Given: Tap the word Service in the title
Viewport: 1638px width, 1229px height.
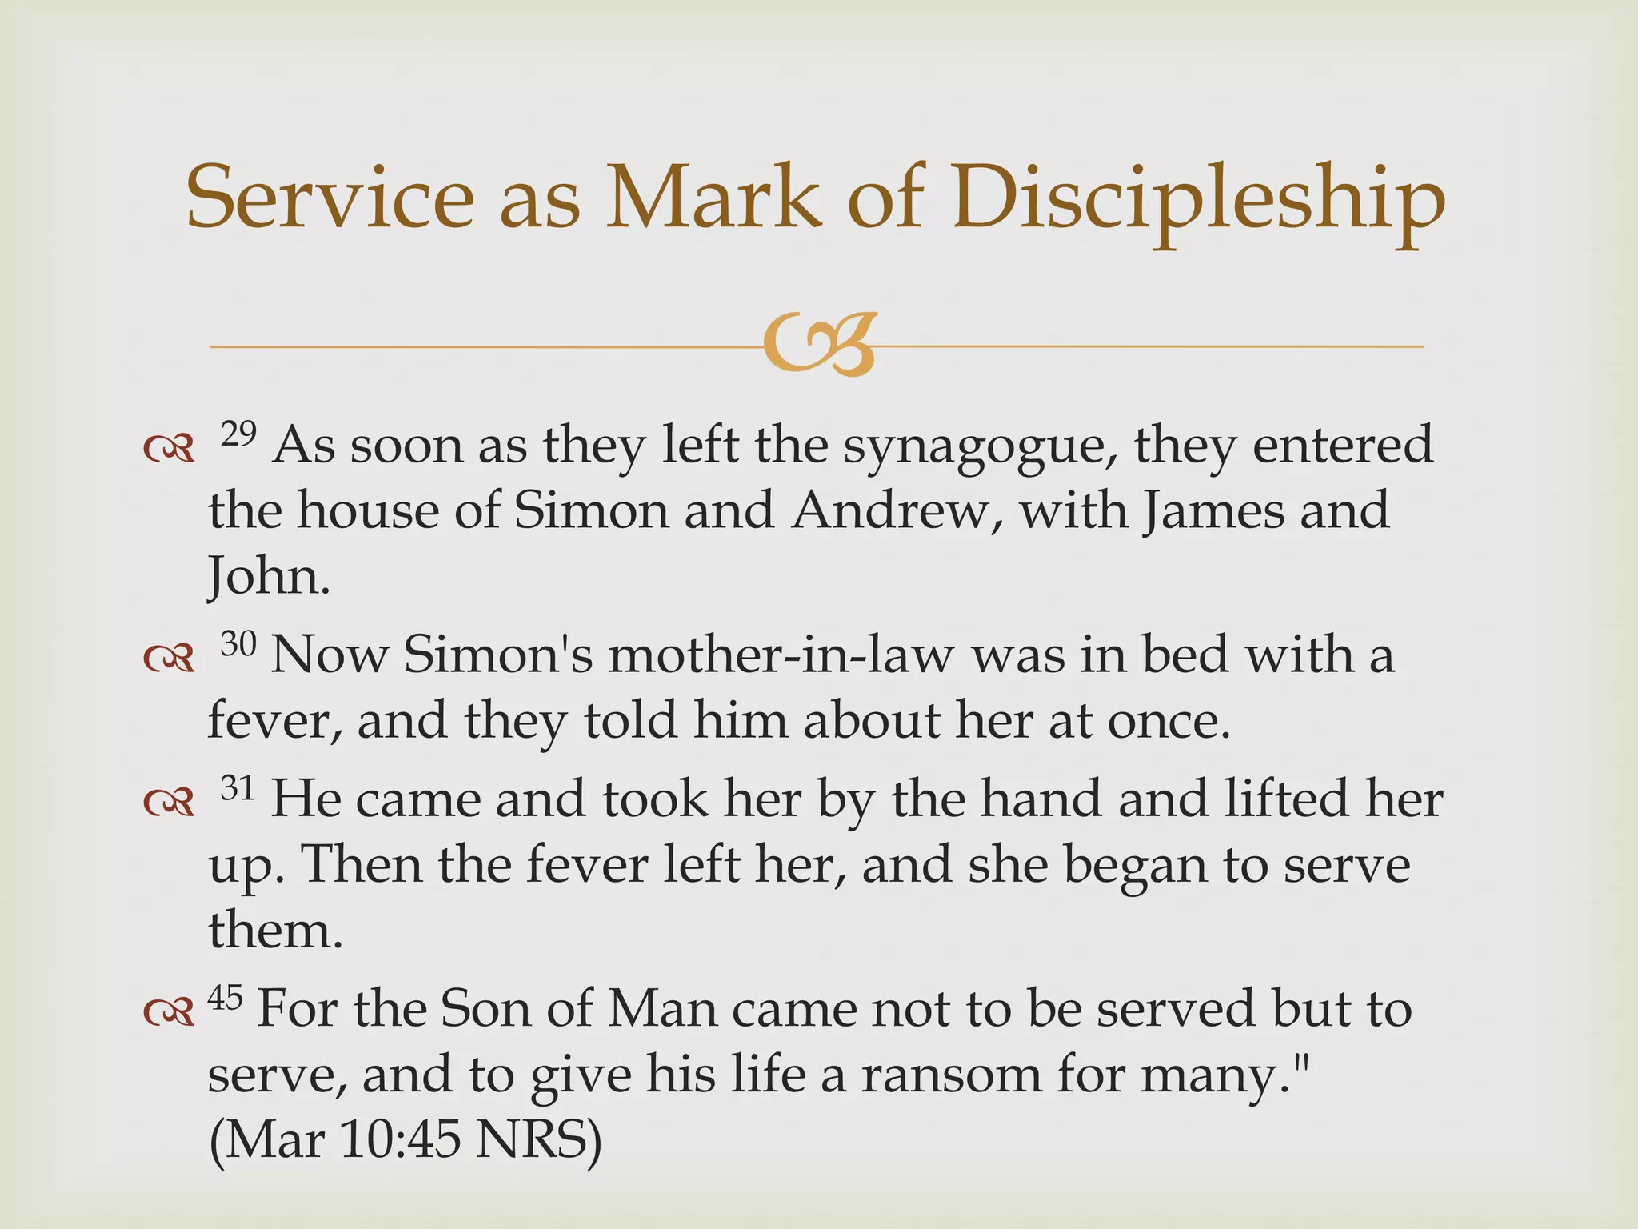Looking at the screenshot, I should coord(330,198).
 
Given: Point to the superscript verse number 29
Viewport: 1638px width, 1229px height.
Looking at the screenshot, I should coord(238,434).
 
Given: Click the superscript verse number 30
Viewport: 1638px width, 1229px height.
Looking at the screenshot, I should coord(238,644).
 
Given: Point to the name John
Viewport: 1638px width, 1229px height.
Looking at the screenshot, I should coord(268,577).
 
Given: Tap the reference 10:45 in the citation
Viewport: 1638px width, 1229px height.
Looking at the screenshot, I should coord(399,1139).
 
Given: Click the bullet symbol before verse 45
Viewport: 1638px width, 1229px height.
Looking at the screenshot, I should coord(169,1012).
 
